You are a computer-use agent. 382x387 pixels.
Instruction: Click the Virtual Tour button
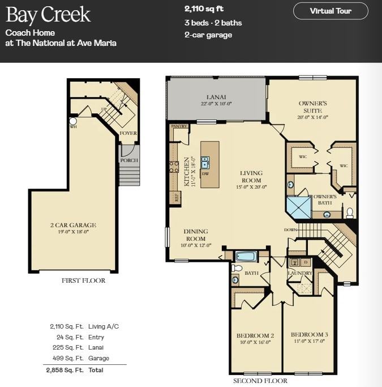[331, 11]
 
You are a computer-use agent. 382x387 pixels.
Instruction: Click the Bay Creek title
[48, 15]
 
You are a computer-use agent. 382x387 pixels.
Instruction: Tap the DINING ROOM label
[195, 235]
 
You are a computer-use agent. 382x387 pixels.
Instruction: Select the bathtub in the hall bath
[246, 256]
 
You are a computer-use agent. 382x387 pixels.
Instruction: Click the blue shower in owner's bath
[299, 207]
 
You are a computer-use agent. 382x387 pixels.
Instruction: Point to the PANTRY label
[179, 126]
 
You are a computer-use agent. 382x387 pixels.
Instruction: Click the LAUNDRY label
[299, 273]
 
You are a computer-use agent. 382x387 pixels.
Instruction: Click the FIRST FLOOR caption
[83, 280]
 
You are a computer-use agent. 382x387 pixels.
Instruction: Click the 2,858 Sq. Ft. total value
[65, 370]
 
